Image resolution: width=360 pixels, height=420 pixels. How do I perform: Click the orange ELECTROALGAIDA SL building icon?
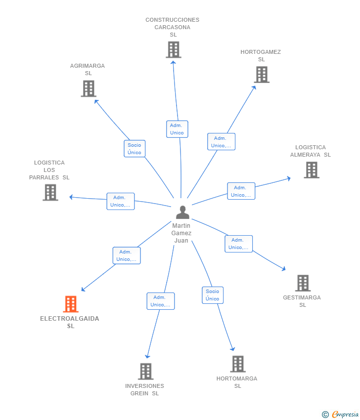71,304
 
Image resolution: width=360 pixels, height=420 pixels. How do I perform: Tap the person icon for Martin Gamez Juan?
182,212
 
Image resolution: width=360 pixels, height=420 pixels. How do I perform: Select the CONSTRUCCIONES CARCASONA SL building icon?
173,49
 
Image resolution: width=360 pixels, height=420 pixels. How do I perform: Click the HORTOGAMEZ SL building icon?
262,75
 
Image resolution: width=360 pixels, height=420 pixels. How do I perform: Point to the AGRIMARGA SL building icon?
88,88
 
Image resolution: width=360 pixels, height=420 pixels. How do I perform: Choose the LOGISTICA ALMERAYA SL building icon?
311,169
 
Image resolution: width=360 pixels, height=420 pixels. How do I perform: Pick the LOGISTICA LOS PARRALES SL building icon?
50,192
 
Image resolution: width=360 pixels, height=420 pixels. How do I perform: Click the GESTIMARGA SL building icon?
303,283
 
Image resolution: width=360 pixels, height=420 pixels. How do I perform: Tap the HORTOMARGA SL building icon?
238,364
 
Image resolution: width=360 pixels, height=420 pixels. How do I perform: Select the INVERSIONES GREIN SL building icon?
145,371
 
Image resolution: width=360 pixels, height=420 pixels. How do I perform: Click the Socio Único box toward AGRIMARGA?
135,149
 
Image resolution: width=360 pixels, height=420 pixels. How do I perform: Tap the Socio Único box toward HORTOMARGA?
213,295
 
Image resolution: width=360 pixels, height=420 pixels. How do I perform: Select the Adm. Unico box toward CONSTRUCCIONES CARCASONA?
177,129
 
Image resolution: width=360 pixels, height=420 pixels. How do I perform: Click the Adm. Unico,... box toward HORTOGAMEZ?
221,142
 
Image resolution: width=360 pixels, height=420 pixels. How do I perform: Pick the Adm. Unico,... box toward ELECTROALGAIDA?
127,255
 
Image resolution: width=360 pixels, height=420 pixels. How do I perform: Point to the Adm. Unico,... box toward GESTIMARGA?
239,244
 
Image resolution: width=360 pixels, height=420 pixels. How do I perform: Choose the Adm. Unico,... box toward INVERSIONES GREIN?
161,301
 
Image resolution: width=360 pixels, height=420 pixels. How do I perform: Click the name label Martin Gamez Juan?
181,233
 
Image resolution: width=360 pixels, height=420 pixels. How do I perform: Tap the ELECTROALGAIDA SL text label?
70,322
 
